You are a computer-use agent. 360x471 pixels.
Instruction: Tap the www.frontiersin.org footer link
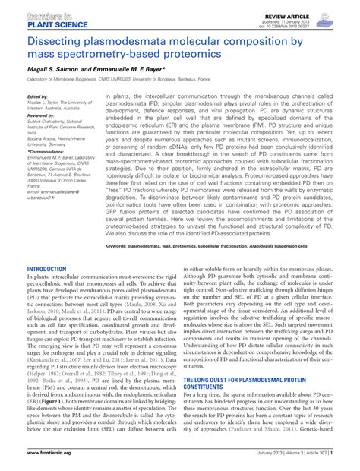[x=52, y=460]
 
